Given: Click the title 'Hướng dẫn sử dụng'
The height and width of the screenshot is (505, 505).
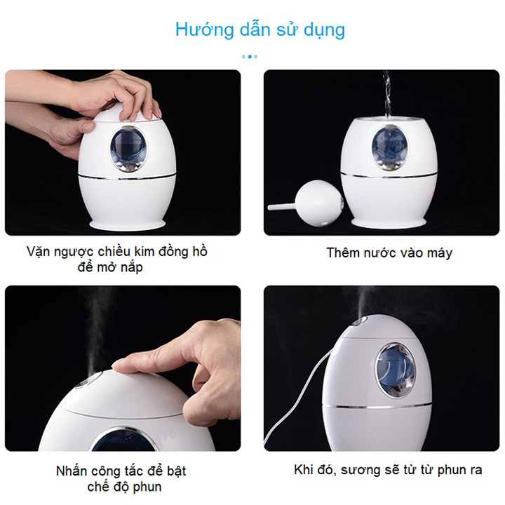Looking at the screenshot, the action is point(260,29).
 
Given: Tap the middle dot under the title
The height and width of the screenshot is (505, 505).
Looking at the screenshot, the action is point(250,57).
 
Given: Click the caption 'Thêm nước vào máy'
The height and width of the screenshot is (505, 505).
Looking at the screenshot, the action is point(389,252).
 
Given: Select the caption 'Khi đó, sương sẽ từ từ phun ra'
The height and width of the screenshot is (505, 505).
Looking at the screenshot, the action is point(388,470).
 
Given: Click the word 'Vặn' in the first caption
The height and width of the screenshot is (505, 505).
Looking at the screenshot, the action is point(39,252).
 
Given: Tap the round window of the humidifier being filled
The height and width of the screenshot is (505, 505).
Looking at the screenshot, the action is point(391,147).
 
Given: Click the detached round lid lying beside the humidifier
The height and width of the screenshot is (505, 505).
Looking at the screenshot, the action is point(319,203).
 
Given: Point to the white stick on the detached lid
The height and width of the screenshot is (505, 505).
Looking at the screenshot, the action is point(282,207).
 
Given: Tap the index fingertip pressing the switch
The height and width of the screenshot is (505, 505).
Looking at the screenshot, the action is point(119,365).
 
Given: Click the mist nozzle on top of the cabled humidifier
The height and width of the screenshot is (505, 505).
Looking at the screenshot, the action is point(361,321).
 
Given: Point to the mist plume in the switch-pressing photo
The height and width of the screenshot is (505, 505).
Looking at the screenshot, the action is point(97,332).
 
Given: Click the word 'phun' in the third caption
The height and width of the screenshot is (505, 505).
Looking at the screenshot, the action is point(147,487).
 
